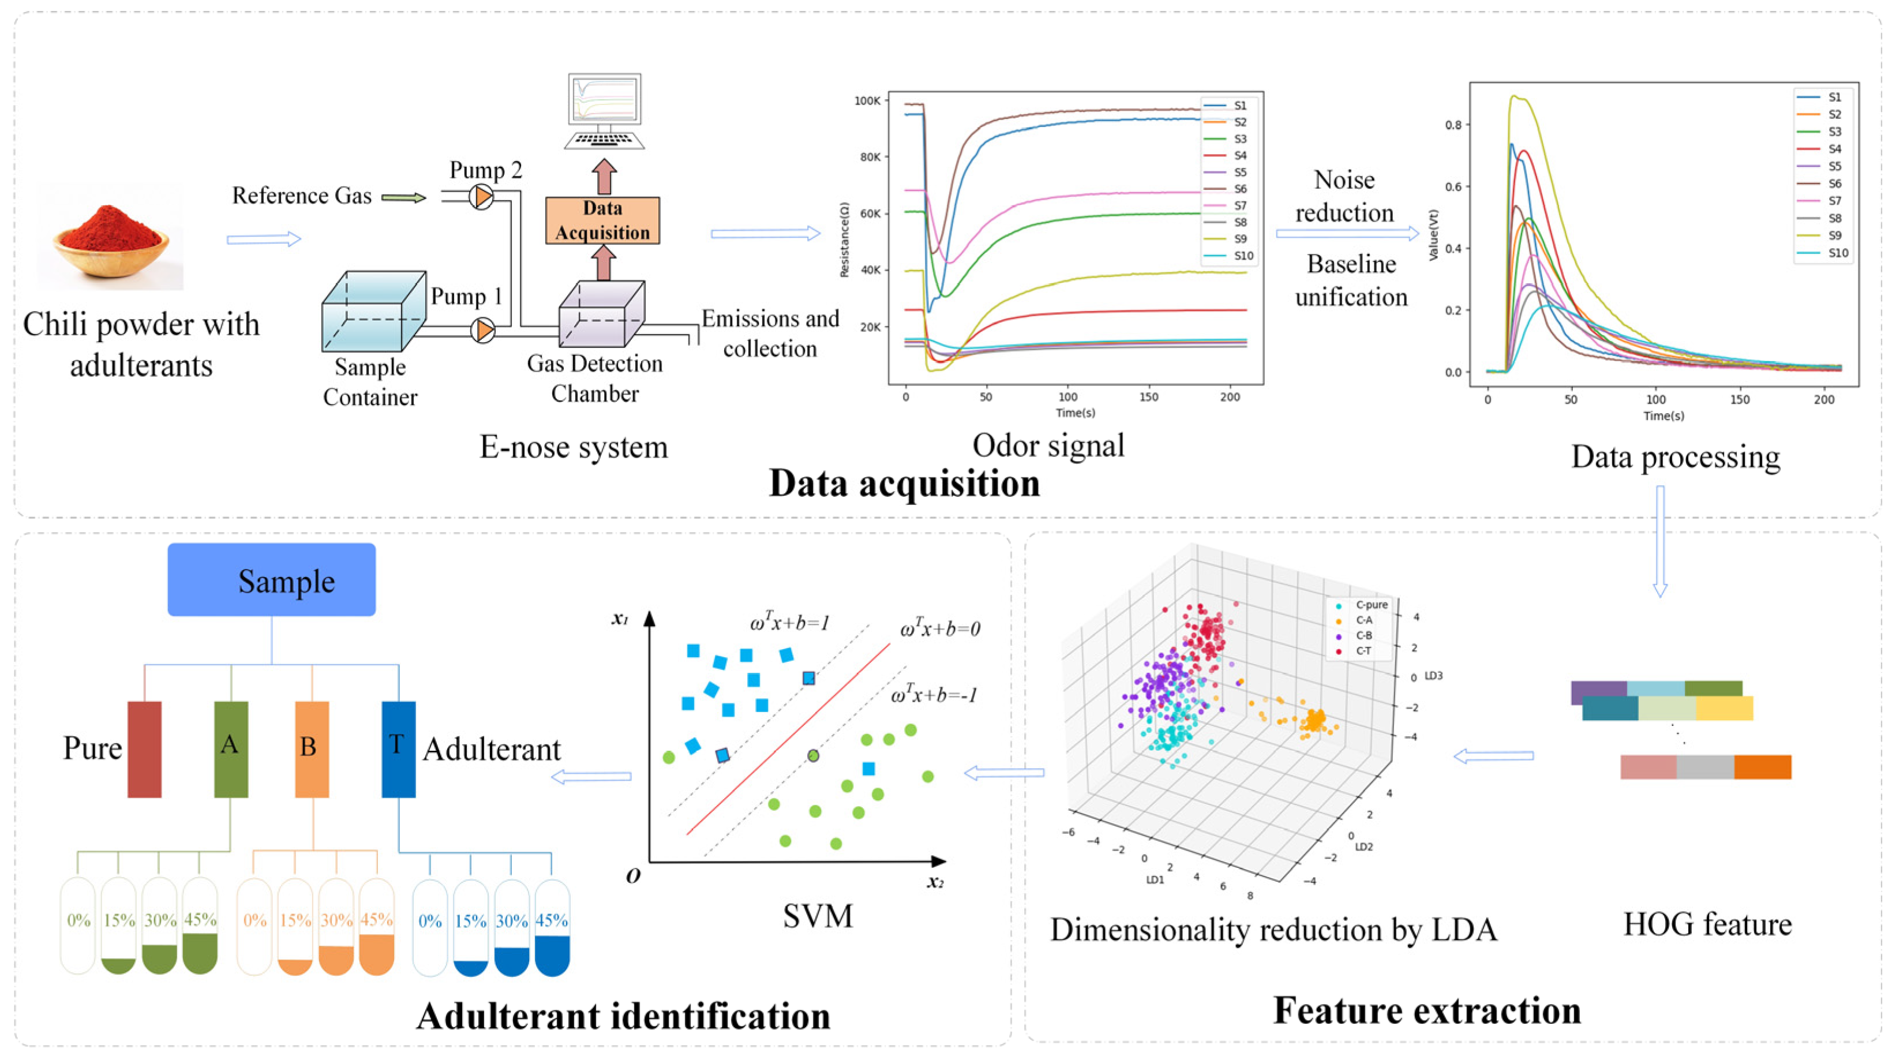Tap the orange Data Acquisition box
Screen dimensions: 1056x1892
(602, 220)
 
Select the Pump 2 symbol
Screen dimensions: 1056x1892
(482, 196)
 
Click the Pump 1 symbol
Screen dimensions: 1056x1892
(482, 331)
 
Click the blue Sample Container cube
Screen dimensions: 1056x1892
(373, 312)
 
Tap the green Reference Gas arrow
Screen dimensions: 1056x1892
(403, 197)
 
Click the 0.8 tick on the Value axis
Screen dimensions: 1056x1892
(1453, 125)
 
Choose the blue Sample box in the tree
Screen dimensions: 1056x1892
(272, 579)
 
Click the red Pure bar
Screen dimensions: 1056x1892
(145, 749)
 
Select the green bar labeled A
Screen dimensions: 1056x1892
(231, 749)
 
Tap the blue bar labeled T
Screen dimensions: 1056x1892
(398, 749)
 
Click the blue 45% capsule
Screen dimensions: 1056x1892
(552, 929)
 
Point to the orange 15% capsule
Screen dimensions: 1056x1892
(295, 927)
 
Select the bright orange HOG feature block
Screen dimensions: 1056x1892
(1762, 767)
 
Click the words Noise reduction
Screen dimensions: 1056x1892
(1344, 196)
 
